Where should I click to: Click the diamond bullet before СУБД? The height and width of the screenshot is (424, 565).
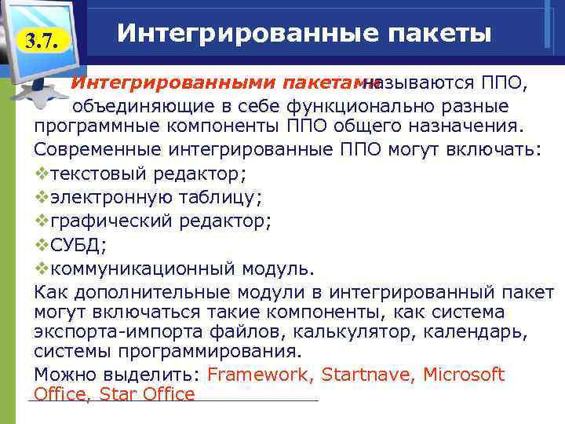click(x=42, y=244)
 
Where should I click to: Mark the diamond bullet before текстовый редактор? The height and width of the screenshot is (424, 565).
click(x=42, y=173)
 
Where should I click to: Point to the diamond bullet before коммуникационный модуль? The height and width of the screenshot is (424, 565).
click(x=42, y=269)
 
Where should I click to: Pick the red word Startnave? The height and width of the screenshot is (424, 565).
click(x=369, y=375)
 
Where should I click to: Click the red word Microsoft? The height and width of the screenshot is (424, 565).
click(x=464, y=375)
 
